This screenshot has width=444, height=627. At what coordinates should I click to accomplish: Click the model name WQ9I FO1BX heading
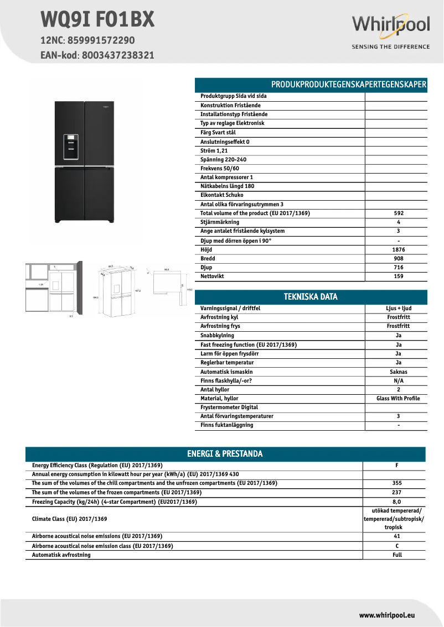97,20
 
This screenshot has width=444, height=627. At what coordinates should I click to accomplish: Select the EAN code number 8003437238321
118,55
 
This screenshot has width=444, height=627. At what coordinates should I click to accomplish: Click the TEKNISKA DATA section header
311,297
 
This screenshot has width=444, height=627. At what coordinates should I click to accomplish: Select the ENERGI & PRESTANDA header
225,454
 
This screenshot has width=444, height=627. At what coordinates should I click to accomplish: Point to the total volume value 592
399,213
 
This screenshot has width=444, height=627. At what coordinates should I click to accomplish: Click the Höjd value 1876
399,249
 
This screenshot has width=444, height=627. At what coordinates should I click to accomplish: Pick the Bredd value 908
399,258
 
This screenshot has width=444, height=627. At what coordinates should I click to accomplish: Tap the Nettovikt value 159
399,276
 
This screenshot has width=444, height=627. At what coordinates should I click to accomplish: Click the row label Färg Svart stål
218,133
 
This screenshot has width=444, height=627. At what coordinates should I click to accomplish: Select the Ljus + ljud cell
399,309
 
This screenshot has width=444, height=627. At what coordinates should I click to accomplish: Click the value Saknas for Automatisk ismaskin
399,372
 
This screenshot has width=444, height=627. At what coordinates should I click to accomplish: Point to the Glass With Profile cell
398,399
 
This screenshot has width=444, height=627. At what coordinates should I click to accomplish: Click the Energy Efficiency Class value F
397,466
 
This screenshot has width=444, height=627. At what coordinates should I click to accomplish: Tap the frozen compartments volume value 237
397,492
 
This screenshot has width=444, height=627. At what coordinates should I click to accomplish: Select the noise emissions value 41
397,536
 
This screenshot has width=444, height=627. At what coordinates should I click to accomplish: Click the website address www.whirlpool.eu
387,615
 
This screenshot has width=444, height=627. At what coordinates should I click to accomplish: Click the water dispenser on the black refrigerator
71,147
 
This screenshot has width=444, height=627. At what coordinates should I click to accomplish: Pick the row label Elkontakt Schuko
222,195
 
